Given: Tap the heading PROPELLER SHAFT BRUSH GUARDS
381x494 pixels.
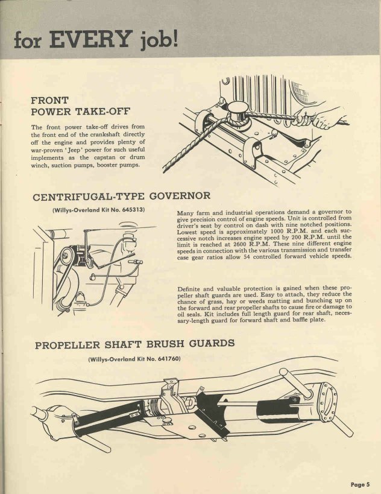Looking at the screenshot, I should (x=134, y=345).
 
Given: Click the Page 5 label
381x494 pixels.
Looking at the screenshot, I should (x=361, y=484).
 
